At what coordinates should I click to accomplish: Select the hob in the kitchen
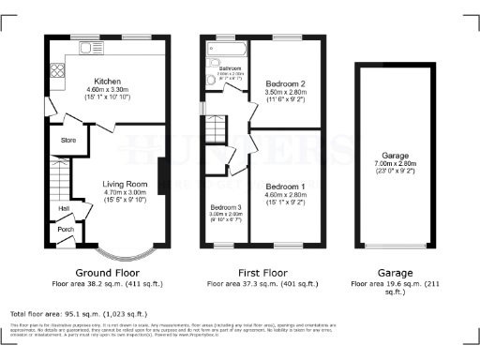[55, 69]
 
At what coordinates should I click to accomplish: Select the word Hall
[64, 208]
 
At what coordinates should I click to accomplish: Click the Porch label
[66, 229]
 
